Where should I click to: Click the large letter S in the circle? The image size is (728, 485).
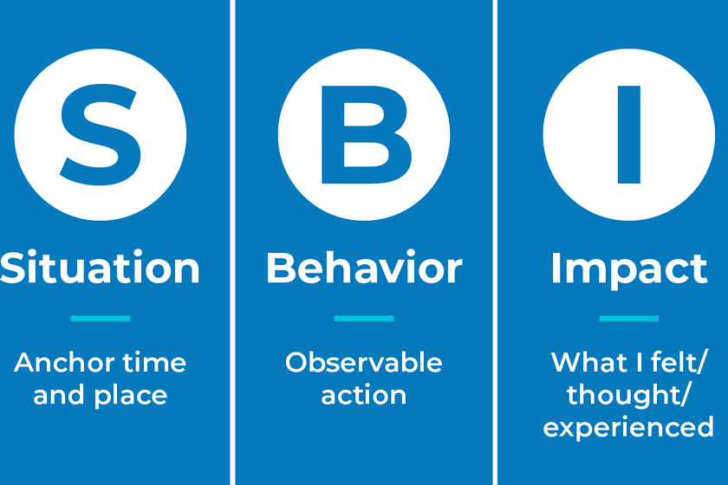(x=101, y=134)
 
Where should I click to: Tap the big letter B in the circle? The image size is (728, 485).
(x=366, y=134)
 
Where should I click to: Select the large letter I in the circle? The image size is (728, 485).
(x=629, y=134)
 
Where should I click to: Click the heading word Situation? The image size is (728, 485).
(x=100, y=268)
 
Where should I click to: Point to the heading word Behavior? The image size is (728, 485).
(x=364, y=268)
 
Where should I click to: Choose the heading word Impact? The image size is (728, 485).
(x=628, y=270)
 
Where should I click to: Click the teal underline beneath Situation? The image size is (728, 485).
(x=101, y=319)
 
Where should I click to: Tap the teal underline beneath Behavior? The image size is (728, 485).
(x=364, y=319)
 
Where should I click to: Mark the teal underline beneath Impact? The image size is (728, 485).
(x=629, y=319)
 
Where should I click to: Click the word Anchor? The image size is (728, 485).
(x=64, y=363)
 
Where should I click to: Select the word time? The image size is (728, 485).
(x=154, y=363)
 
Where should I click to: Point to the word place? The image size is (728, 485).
(x=131, y=397)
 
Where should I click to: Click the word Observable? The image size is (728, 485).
(x=363, y=363)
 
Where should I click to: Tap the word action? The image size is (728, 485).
(x=363, y=396)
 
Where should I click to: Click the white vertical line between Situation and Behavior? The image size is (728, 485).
(x=232, y=242)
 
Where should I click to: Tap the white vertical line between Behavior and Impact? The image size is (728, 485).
(x=495, y=242)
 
